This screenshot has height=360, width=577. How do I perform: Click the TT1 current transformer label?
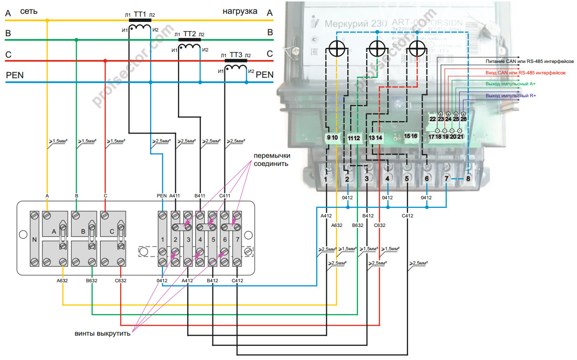(140, 14)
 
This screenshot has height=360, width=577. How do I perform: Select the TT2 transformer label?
(190, 34)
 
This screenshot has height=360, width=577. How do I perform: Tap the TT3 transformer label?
(236, 55)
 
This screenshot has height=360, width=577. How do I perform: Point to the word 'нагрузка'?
(240, 10)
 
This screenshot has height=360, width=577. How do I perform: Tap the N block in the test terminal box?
(34, 239)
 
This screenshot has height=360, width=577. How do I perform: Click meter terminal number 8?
(468, 179)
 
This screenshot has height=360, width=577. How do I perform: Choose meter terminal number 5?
(407, 179)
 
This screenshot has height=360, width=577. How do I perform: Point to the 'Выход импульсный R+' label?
(511, 96)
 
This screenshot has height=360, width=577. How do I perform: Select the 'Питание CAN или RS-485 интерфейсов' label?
(526, 61)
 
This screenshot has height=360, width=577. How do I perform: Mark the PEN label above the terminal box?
(162, 195)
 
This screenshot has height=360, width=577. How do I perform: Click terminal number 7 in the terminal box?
(237, 239)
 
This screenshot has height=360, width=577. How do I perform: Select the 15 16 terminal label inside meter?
(411, 136)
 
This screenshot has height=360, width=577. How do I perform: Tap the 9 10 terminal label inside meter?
(332, 137)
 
